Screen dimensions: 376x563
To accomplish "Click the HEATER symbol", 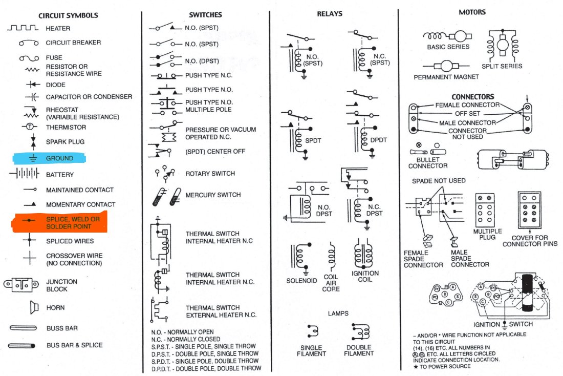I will click(x=23, y=28).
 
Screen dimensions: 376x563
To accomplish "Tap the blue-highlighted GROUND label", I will click(x=59, y=158).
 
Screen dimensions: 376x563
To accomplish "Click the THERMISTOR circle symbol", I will click(x=30, y=127).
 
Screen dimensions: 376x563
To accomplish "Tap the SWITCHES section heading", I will click(x=205, y=15).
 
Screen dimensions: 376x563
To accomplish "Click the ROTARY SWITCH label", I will click(x=210, y=174).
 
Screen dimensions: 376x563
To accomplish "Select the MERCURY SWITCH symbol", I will click(x=168, y=196).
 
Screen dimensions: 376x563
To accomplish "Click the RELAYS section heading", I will click(x=330, y=14).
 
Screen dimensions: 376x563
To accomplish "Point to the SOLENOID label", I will click(x=302, y=281).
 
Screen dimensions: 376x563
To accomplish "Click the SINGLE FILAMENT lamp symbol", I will click(x=311, y=332).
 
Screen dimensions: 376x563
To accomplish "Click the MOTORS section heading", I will click(x=472, y=12).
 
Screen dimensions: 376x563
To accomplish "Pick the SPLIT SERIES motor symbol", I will click(x=502, y=45).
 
